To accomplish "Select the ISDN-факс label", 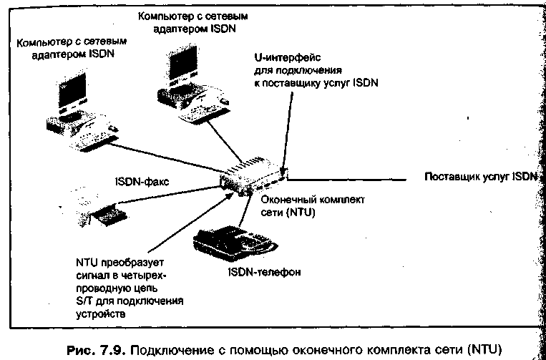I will pos(144,182).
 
